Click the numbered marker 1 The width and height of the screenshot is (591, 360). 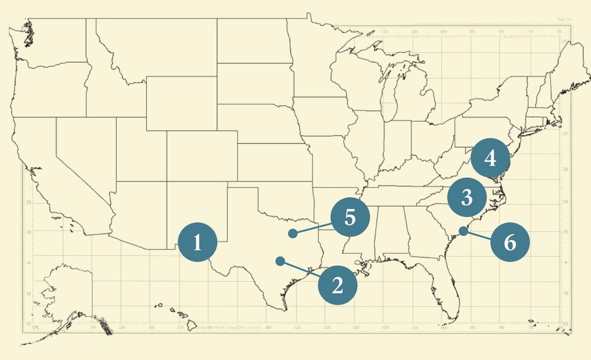[x=198, y=242]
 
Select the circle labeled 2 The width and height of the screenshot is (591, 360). [x=337, y=284]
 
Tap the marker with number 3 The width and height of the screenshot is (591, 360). [x=467, y=197]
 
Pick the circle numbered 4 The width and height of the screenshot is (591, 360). [x=491, y=157]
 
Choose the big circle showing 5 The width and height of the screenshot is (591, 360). [x=350, y=218]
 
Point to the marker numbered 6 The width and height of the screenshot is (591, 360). [x=510, y=242]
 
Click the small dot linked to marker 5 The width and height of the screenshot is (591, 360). [x=293, y=233]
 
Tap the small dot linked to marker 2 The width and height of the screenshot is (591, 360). [x=280, y=261]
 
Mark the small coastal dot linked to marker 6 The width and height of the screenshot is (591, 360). [x=463, y=231]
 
